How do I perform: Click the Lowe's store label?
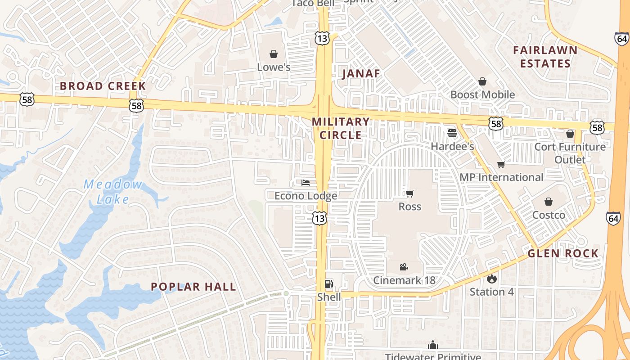click(274, 67)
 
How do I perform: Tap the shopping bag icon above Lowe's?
click(274, 54)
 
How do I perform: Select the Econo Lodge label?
click(306, 196)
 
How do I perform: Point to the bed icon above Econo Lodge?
click(306, 183)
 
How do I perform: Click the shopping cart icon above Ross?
click(409, 193)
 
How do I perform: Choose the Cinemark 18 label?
click(404, 280)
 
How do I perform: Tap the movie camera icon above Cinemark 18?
click(404, 267)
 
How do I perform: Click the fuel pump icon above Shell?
click(329, 283)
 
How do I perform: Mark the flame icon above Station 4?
click(491, 279)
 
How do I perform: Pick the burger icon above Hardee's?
click(452, 133)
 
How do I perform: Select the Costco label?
click(549, 215)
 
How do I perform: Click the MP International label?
click(501, 177)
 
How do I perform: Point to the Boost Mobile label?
click(482, 94)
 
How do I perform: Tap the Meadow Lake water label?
click(112, 192)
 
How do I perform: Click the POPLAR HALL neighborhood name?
click(193, 287)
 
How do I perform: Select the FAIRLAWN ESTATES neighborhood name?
click(545, 57)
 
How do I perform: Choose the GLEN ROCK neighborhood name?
click(563, 253)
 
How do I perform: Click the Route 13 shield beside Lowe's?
click(322, 38)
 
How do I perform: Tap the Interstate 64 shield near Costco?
click(613, 218)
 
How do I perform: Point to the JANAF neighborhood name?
click(361, 74)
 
